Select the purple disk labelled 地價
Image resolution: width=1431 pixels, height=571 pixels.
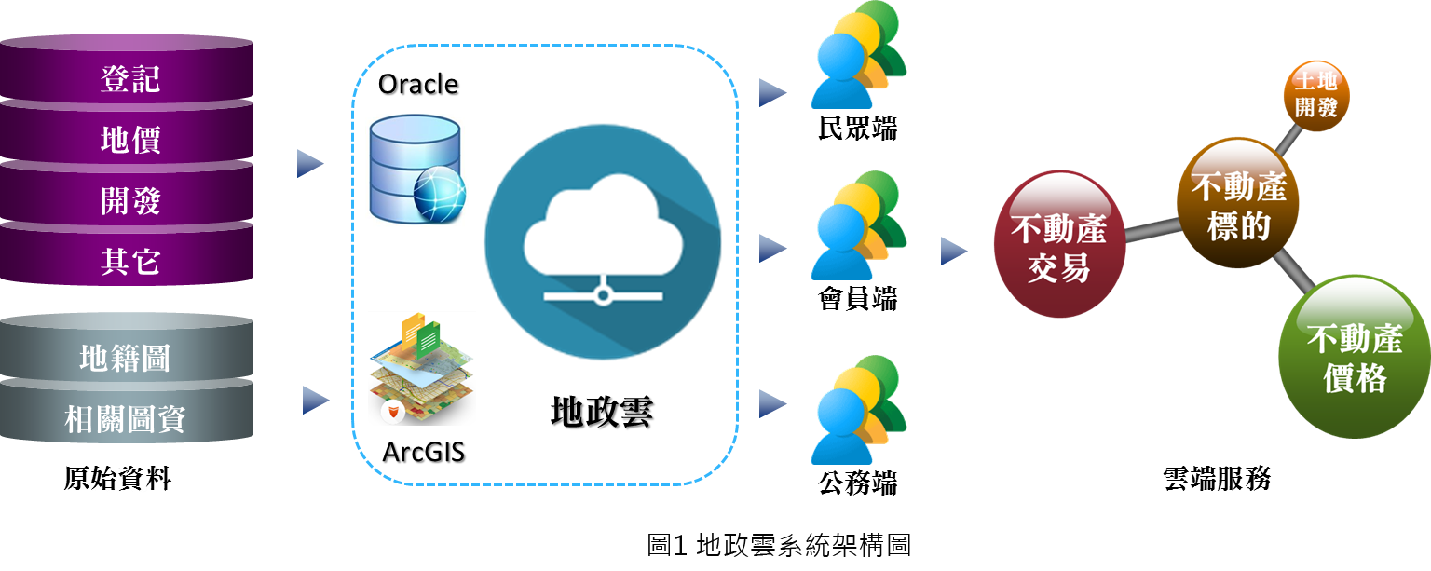129,140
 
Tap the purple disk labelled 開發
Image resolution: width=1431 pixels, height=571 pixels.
129,200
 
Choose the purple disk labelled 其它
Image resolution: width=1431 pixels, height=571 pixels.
129,261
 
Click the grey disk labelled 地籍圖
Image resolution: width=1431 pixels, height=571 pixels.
126,358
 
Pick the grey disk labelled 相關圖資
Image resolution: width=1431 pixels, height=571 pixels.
126,418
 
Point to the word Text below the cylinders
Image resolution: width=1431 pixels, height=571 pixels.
117,482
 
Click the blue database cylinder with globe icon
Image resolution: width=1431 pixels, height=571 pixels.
416,170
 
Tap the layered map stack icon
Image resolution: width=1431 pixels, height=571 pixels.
420,369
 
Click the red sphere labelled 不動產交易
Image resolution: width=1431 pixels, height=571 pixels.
1057,244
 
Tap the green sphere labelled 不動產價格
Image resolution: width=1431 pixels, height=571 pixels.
1354,356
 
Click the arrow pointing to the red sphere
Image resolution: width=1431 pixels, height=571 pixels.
953,250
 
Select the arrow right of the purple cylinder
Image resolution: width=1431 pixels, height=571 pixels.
309,164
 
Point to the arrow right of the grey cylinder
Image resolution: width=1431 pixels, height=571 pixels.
316,401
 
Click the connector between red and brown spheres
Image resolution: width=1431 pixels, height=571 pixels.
1152,229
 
